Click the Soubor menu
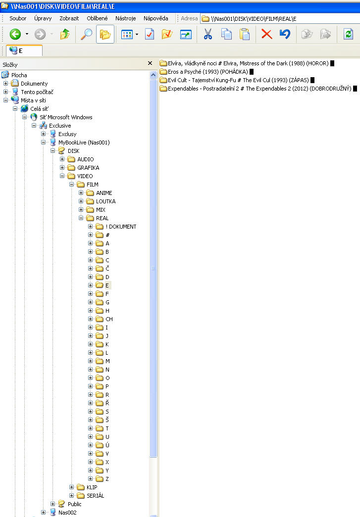(18, 18)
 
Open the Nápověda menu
(155, 18)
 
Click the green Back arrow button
(15, 34)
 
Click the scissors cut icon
(207, 34)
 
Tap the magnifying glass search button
(86, 34)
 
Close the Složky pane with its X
(150, 63)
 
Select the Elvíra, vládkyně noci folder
(245, 63)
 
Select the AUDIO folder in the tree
(85, 159)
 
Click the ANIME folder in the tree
(104, 193)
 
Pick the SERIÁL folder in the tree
(95, 496)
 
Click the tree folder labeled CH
(109, 319)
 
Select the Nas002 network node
(67, 513)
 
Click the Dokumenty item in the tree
(34, 84)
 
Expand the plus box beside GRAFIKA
(62, 168)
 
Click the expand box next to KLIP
(72, 487)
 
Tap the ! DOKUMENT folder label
(121, 227)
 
